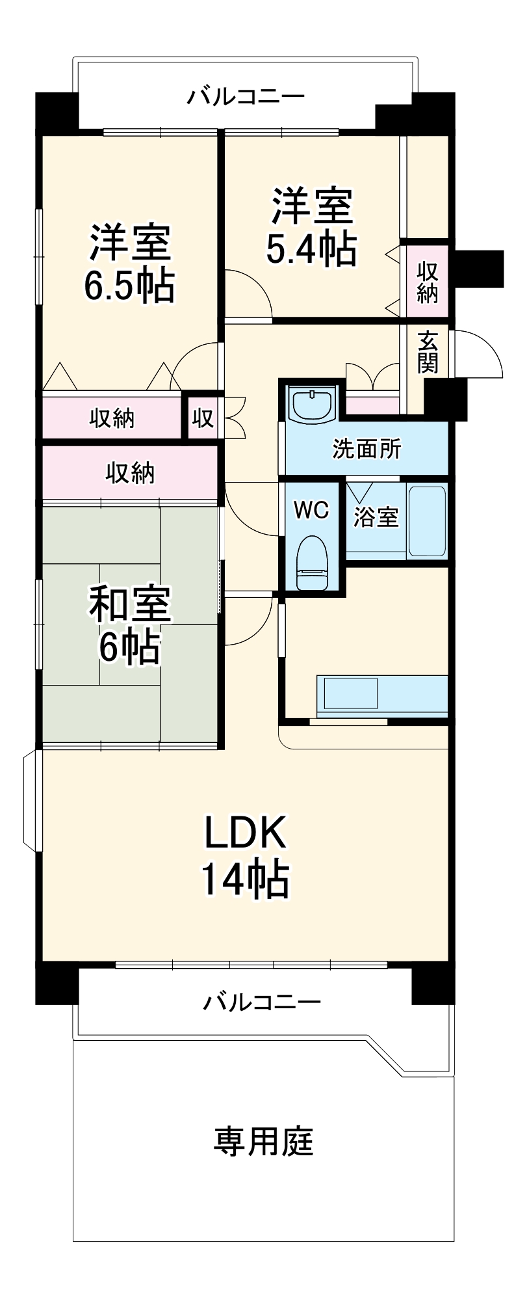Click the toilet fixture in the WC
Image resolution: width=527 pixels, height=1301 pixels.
311,563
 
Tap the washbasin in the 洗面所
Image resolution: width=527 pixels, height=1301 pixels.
313,405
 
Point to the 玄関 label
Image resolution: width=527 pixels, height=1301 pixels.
428,353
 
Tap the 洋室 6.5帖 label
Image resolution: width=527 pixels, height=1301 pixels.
130,263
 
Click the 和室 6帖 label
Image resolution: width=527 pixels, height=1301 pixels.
130,624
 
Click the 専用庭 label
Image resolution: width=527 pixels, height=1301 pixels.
263,1142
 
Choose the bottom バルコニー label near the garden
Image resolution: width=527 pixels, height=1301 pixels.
262,1001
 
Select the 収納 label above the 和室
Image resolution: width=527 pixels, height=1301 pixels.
130,474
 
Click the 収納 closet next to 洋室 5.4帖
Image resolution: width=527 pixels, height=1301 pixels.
427,281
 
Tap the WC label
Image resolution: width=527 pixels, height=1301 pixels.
311,509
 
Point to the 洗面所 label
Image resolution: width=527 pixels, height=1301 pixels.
367,449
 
